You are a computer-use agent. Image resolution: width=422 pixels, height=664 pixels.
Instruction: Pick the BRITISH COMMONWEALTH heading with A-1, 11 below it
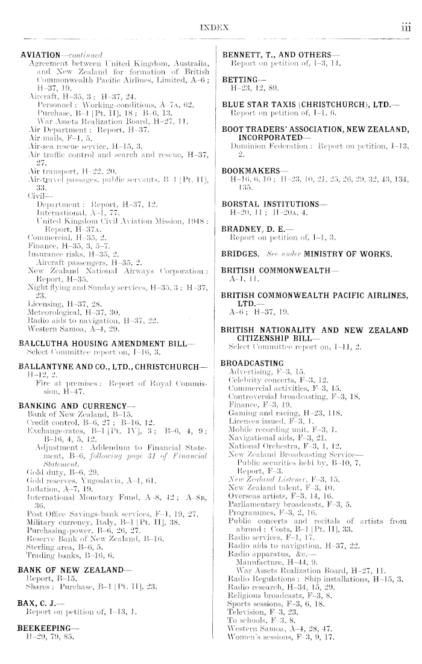(272, 288)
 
